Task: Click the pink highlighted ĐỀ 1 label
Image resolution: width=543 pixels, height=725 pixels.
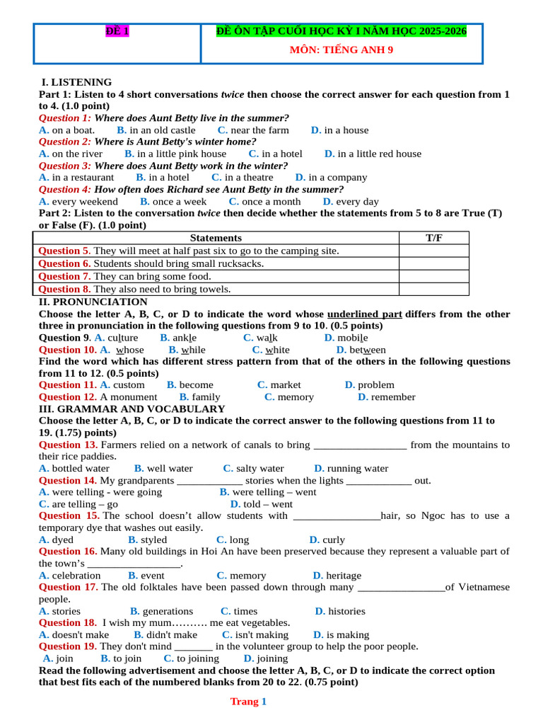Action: (x=117, y=31)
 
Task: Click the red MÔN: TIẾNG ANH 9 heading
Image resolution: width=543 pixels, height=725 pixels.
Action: (x=341, y=50)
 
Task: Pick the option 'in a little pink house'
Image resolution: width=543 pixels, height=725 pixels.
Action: (x=182, y=154)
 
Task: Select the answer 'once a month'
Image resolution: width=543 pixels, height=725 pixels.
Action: (x=271, y=202)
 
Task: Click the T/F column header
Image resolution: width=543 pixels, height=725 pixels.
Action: (x=434, y=238)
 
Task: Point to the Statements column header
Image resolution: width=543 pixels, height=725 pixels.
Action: (x=216, y=238)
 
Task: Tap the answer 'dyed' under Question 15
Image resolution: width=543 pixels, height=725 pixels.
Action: (x=63, y=540)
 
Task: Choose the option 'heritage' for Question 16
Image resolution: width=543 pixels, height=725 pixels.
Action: (x=343, y=576)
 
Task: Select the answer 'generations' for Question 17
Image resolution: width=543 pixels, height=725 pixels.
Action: (x=168, y=612)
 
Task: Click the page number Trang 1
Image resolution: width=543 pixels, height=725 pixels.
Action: (x=248, y=702)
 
